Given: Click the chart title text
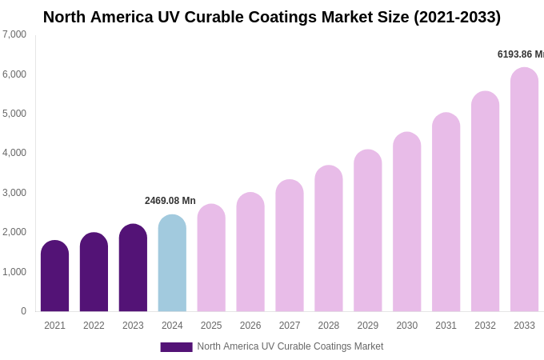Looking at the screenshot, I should (x=272, y=17).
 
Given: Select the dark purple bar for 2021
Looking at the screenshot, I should (x=54, y=276).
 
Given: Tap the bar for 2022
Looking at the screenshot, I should (x=94, y=272).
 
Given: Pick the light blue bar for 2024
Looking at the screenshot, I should (x=172, y=263).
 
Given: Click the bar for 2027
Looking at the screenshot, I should (x=290, y=246).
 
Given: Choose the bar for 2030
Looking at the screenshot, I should (x=406, y=222).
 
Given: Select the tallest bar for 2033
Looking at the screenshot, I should (x=524, y=190).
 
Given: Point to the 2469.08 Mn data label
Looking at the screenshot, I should (x=170, y=201).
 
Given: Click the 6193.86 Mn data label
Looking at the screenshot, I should (x=520, y=54).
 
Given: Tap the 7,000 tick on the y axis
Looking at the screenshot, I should (x=14, y=34).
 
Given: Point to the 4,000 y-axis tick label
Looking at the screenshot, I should (x=14, y=153).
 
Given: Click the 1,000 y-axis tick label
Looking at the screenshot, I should (x=14, y=272).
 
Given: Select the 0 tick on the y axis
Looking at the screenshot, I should (x=23, y=311).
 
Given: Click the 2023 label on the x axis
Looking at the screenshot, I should (x=133, y=326).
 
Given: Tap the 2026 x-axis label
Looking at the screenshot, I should (x=250, y=326).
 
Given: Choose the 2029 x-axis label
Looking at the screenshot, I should (x=368, y=326).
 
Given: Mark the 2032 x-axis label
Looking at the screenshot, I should (x=485, y=326).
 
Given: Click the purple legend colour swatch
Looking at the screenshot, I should (x=176, y=346).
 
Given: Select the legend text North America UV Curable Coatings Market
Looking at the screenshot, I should (x=290, y=346).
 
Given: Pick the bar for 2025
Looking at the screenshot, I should (x=211, y=258).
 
